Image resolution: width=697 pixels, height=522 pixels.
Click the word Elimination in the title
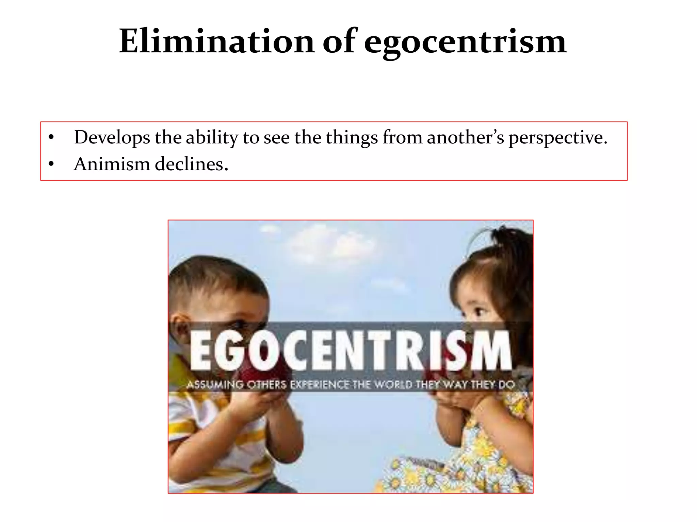217,41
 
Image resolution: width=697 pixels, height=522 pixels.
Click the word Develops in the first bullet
112,138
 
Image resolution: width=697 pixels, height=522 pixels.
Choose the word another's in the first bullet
465,138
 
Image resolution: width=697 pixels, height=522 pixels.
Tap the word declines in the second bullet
191,164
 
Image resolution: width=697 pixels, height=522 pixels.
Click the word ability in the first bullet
211,138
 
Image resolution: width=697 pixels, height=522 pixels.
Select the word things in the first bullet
352,138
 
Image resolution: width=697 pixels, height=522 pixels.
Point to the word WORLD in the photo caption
393,385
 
